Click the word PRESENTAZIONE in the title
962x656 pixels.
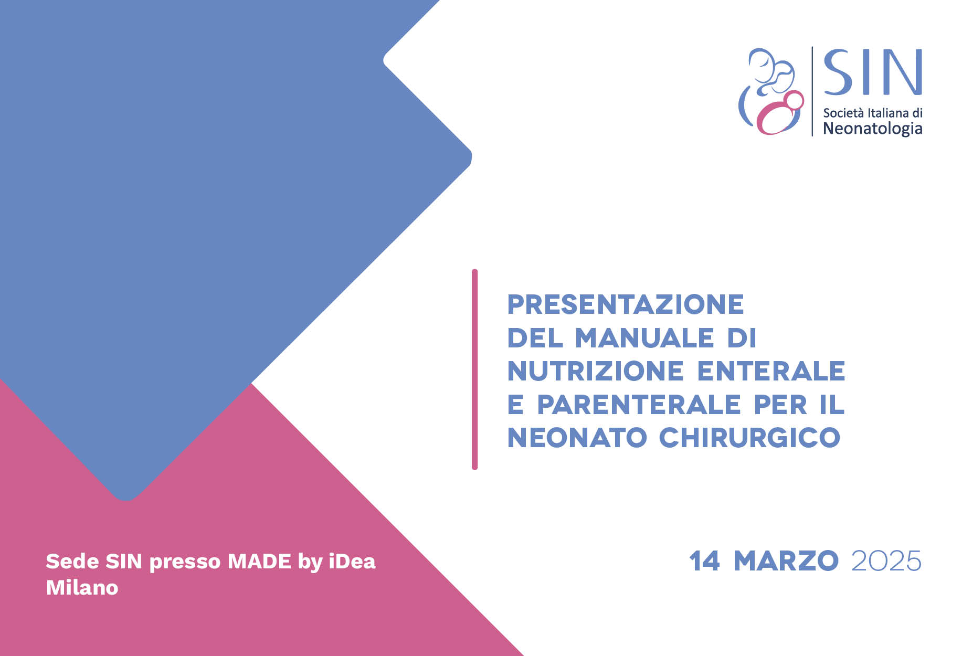[x=626, y=305]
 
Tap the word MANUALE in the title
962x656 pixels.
[x=645, y=338]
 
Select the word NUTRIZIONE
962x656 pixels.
[x=596, y=371]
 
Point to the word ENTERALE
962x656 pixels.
[x=771, y=371]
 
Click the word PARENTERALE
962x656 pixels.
[x=639, y=405]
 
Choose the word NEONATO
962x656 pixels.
[x=577, y=438]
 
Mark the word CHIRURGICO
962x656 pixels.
[x=750, y=438]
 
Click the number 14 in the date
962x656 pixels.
[x=705, y=561]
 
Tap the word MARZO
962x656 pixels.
[x=786, y=561]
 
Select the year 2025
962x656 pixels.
[x=886, y=561]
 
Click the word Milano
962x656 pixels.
[x=82, y=588]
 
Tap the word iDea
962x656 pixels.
[x=352, y=562]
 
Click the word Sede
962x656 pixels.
[x=72, y=562]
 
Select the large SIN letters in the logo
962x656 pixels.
[x=873, y=72]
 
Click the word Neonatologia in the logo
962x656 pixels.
[x=873, y=129]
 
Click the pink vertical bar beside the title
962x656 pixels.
[x=475, y=369]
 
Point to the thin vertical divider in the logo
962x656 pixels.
[x=812, y=91]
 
